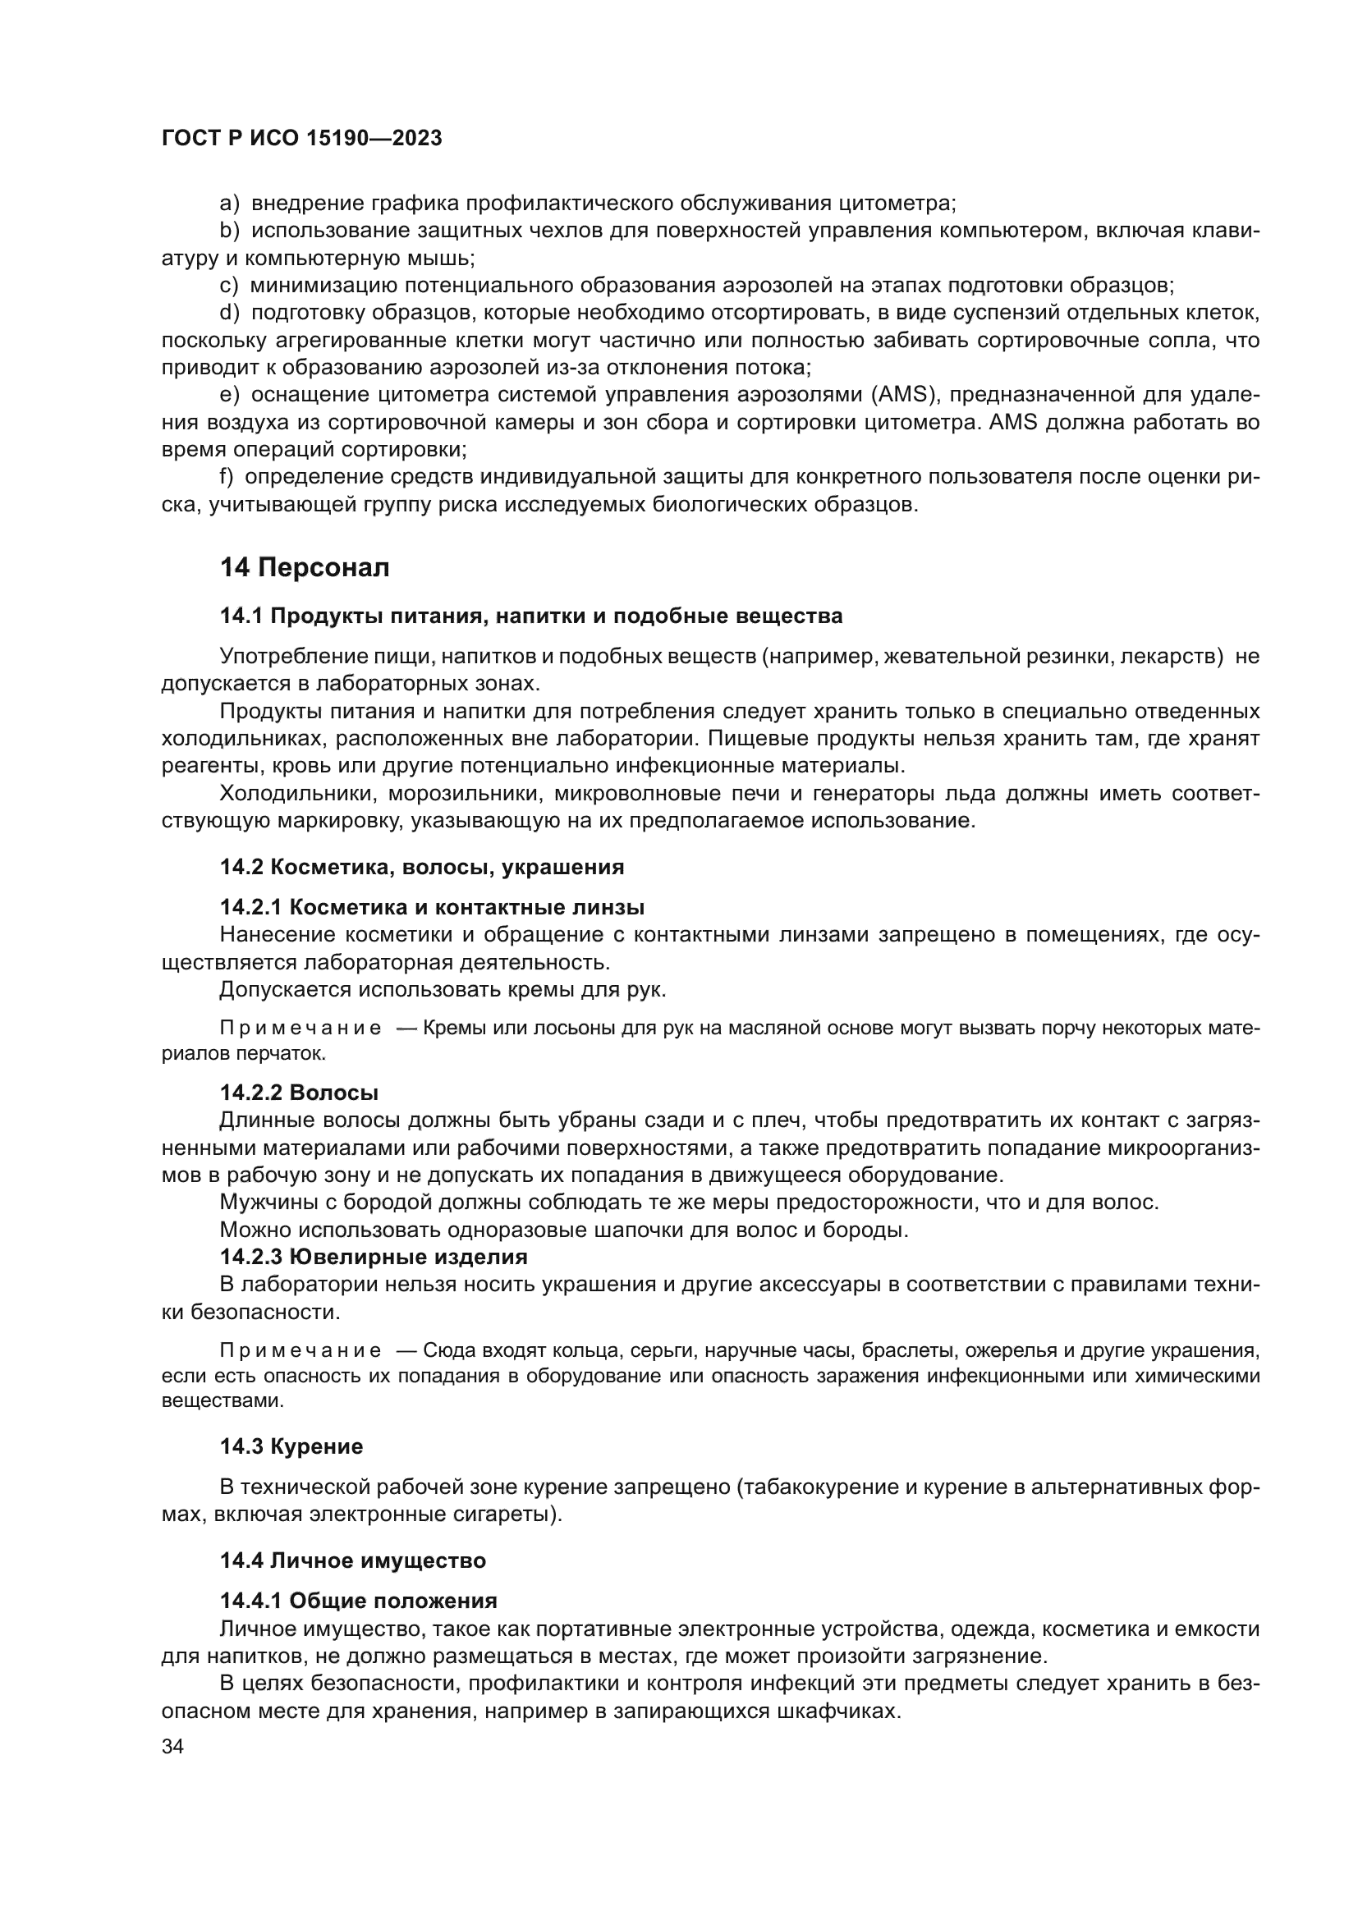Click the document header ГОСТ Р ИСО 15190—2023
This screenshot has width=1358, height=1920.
tap(301, 139)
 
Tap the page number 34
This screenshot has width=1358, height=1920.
tap(172, 1747)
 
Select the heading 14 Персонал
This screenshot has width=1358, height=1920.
tap(305, 568)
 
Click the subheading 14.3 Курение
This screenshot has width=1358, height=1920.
tap(291, 1446)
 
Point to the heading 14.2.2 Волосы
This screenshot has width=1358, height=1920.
tap(299, 1093)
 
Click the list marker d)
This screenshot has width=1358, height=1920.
tap(230, 313)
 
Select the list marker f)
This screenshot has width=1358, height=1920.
tap(226, 477)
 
